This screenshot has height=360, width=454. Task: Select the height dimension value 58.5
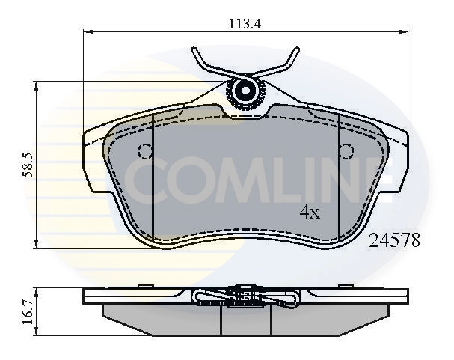tap(26, 165)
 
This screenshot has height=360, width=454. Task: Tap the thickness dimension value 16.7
tap(27, 312)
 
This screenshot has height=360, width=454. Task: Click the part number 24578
tap(395, 240)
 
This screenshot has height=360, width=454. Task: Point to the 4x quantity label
tap(310, 213)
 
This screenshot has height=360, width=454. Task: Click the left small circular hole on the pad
tap(145, 150)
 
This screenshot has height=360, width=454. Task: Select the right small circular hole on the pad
tap(346, 150)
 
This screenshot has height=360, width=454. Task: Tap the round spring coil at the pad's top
tap(245, 92)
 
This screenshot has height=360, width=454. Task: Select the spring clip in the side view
tap(245, 297)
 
